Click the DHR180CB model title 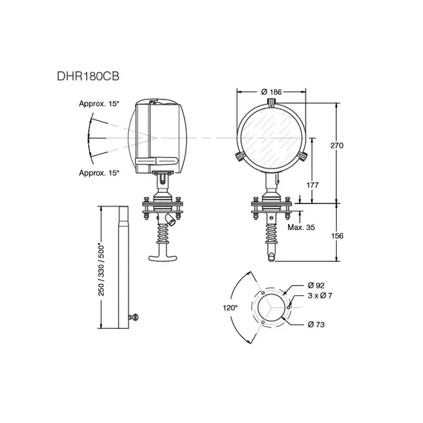88,76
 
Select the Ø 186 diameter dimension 272,92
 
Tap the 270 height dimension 337,145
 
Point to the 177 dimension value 312,185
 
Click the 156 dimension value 337,236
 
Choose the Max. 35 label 301,227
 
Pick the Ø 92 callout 316,285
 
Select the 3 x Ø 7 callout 320,295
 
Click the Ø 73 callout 316,324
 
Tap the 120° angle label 230,307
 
